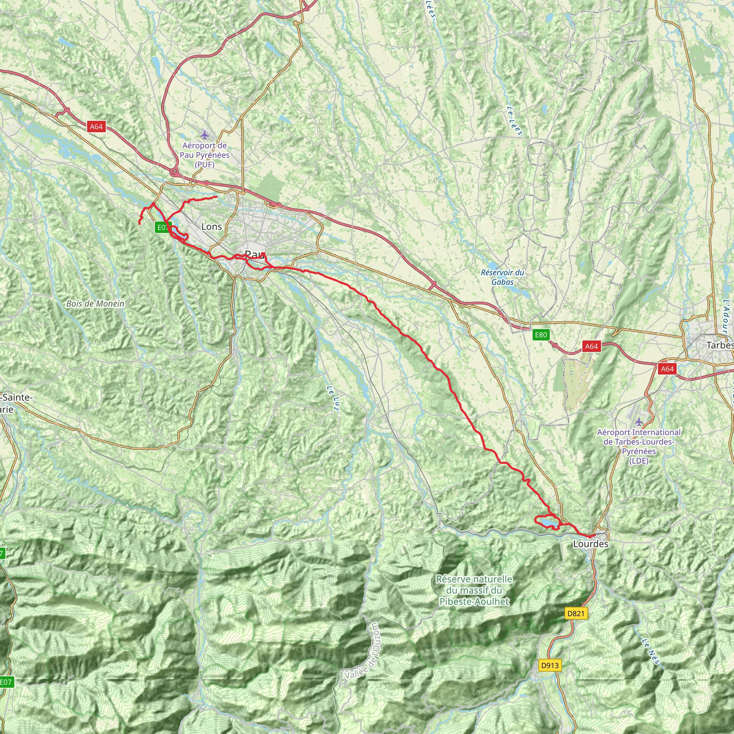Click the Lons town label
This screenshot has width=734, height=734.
(211, 227)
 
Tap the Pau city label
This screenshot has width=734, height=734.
(254, 254)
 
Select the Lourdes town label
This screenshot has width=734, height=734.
(590, 544)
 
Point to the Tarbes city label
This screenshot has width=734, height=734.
(719, 345)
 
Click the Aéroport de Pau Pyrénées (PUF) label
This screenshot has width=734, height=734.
(204, 155)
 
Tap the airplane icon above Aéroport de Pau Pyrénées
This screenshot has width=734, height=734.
(204, 135)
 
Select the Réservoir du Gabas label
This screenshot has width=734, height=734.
(502, 277)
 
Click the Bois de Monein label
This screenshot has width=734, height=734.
(95, 304)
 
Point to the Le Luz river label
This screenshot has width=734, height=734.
(333, 399)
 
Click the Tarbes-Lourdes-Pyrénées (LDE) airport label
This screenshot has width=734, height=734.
(639, 447)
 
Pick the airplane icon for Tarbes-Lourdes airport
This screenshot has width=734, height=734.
(639, 422)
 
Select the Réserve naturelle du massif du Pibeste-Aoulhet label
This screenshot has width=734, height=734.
(474, 590)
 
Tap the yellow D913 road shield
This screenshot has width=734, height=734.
(550, 665)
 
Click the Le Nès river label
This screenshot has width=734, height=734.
(650, 652)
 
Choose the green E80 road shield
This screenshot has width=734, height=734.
(540, 335)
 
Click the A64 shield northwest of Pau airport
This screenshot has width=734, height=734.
(96, 127)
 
